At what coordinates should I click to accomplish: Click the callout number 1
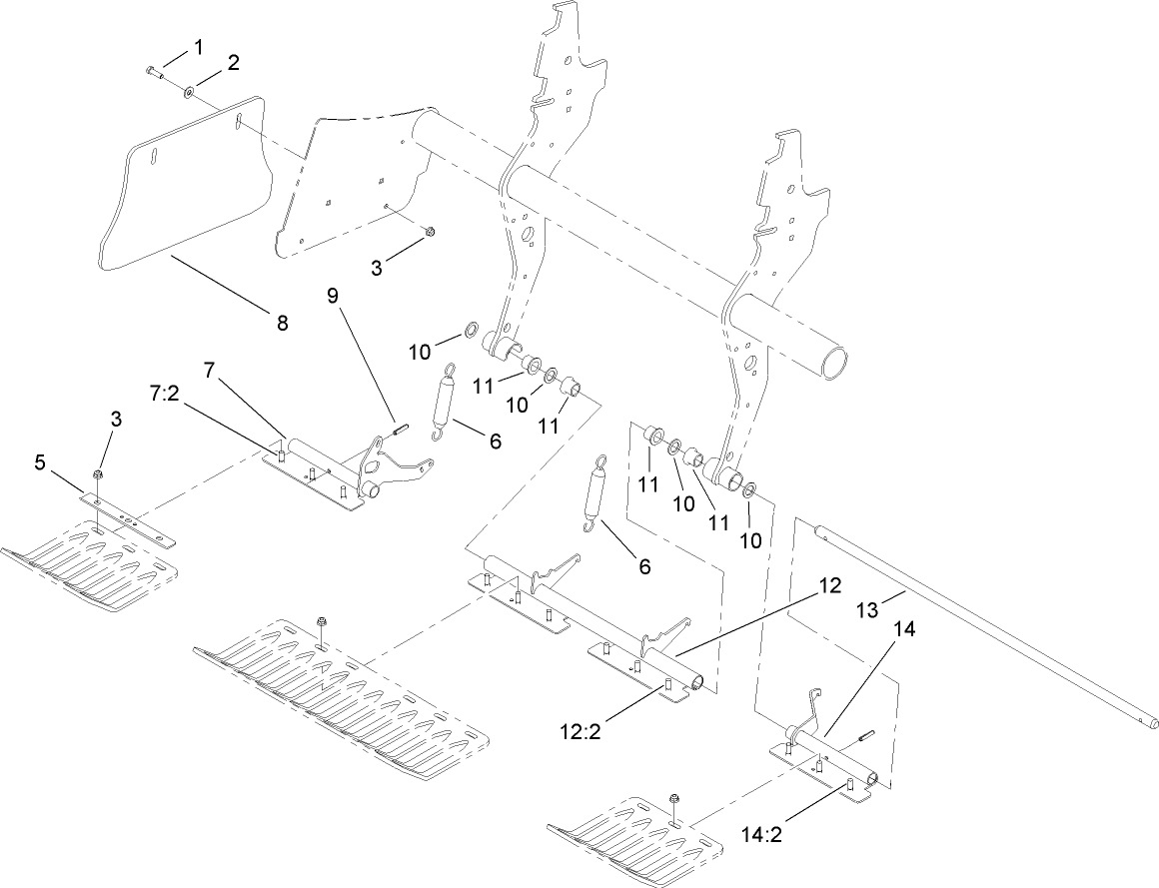coord(198,46)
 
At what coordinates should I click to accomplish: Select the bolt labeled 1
coord(151,71)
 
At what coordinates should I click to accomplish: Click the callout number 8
coord(282,322)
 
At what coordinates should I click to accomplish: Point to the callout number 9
coord(333,296)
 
